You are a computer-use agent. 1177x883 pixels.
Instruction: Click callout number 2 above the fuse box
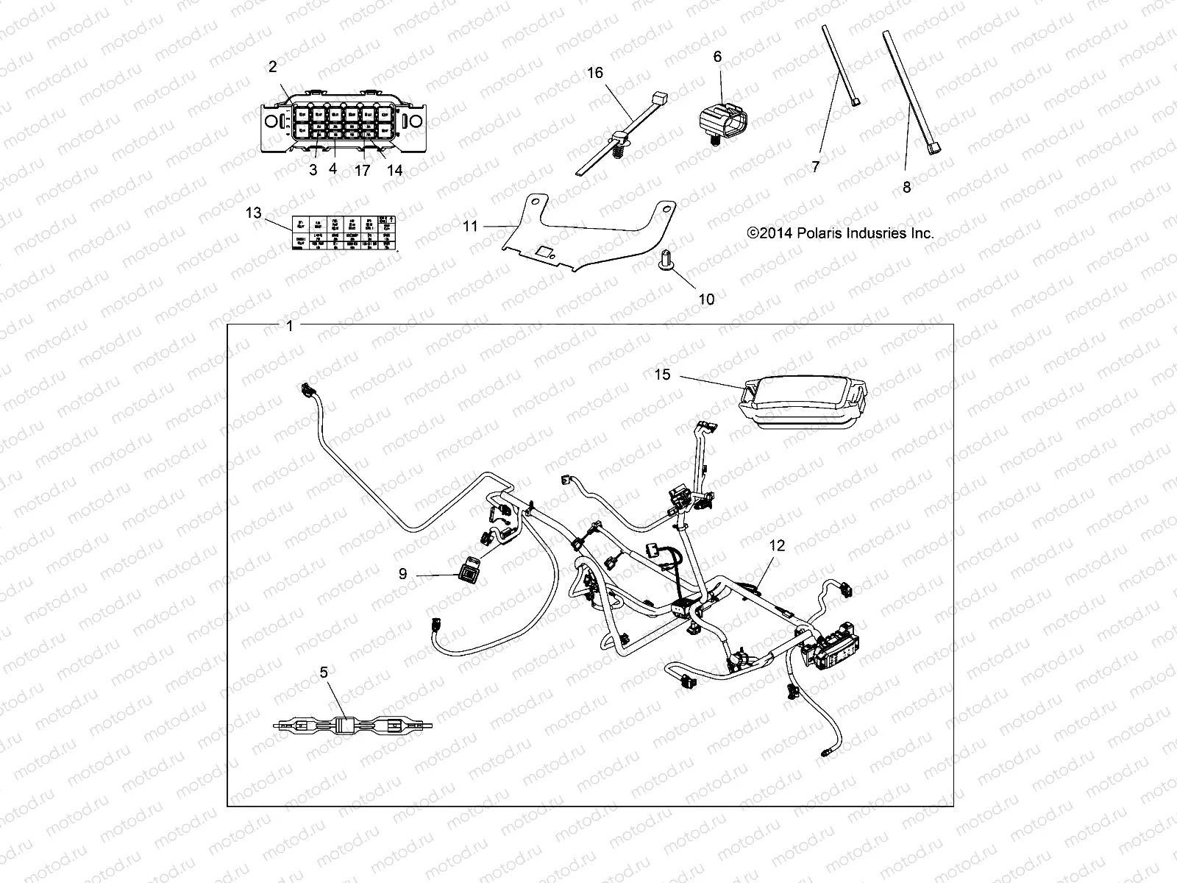[x=273, y=67]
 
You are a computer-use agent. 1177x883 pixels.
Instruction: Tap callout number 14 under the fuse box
[x=394, y=170]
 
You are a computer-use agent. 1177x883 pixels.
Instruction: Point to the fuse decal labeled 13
[x=344, y=232]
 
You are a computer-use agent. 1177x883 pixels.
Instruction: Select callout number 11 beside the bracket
[x=471, y=227]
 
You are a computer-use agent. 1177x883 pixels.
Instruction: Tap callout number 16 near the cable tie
[x=594, y=72]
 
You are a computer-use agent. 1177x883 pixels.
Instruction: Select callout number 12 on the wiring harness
[x=778, y=545]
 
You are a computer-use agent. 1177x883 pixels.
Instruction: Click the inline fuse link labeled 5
[x=352, y=724]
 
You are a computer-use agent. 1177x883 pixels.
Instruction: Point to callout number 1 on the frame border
[x=289, y=326]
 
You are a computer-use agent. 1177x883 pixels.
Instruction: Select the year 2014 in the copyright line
[x=772, y=233]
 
